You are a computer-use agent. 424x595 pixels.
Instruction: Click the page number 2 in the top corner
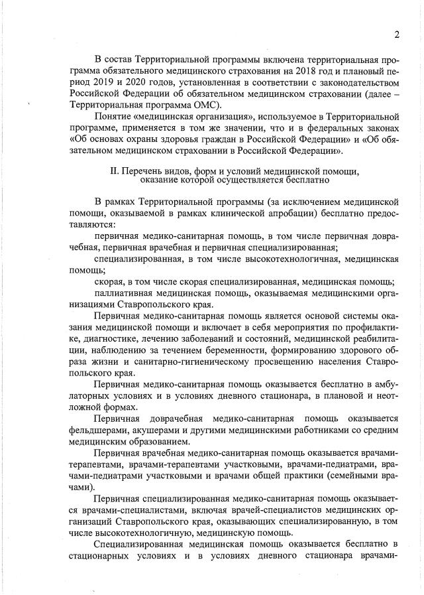coord(397,34)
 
